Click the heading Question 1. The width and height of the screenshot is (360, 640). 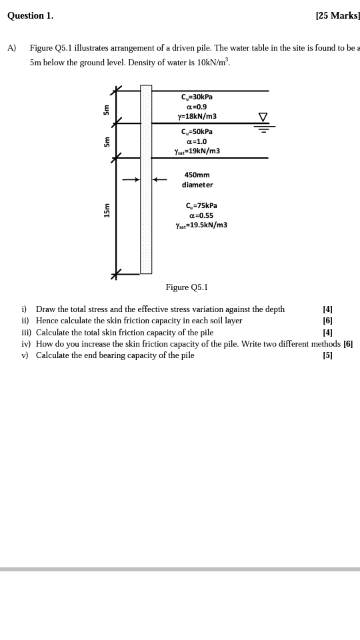pos(30,16)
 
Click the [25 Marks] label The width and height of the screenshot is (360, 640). pos(338,16)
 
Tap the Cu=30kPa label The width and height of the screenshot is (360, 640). pos(197,97)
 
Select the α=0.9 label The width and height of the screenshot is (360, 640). pos(197,107)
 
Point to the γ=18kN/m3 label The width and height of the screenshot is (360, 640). pos(197,116)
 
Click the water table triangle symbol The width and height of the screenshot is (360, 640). pos(264,117)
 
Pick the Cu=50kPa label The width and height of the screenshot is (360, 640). pos(197,132)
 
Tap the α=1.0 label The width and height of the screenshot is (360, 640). pos(197,141)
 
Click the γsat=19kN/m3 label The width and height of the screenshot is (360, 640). pos(197,151)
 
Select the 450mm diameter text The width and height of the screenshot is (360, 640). pos(197,179)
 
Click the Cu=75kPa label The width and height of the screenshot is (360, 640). pos(201,206)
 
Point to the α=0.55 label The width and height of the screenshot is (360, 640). pos(201,215)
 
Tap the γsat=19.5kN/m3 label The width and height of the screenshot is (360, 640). pos(201,225)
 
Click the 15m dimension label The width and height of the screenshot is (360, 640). pos(107,211)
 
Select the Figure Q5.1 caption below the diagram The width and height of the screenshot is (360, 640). pos(187,287)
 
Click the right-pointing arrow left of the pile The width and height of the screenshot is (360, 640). pos(131,179)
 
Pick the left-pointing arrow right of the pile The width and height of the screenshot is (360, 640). pos(159,179)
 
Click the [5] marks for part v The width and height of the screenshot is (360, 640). pos(327,355)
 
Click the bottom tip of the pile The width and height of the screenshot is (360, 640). pos(146,273)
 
